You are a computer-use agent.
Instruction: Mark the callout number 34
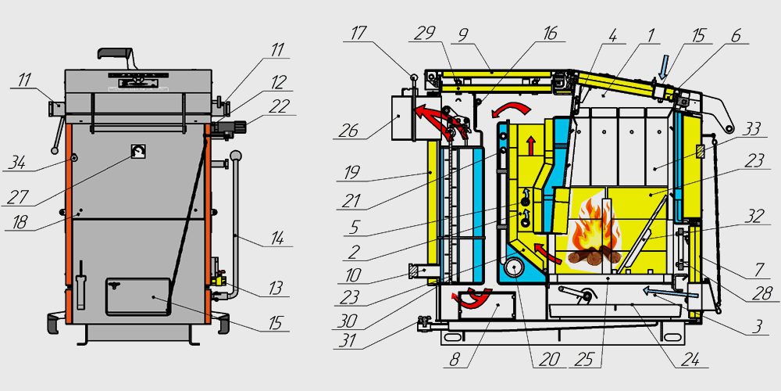tap(17, 163)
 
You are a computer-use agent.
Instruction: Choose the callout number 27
tap(17, 195)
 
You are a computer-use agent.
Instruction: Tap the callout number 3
tap(754, 326)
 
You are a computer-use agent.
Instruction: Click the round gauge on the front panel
tap(138, 152)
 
